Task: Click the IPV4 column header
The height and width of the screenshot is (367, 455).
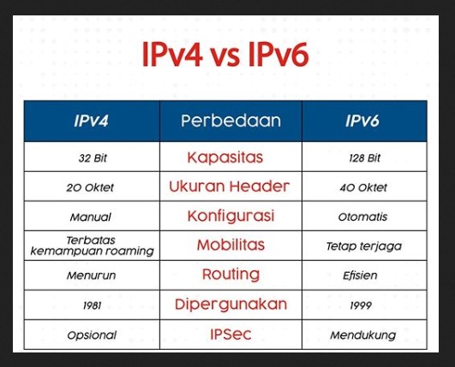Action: [91, 121]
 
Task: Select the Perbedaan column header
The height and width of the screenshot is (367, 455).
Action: [230, 121]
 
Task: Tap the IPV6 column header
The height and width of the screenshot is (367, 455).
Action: [363, 121]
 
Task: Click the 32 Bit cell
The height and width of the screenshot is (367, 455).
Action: [91, 158]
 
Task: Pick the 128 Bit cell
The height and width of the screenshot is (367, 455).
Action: [363, 158]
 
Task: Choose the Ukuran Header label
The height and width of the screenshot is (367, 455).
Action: [230, 186]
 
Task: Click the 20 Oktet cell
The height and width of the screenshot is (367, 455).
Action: [91, 187]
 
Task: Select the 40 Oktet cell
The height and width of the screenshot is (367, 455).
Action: [363, 187]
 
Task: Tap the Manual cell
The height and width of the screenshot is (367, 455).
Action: [91, 217]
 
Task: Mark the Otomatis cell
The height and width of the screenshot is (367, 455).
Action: [363, 217]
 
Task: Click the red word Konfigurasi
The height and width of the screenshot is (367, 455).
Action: [230, 216]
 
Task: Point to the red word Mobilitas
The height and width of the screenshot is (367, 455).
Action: [230, 246]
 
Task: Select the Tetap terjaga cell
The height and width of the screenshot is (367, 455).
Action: [363, 246]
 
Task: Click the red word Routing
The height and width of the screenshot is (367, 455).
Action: [230, 275]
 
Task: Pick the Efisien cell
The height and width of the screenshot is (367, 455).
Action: [363, 275]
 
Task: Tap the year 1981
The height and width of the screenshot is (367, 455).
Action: [91, 305]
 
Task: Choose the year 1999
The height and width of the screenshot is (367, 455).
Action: [363, 305]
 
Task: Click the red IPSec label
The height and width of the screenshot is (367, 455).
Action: [230, 334]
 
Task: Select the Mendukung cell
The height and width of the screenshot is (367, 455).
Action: [363, 335]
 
